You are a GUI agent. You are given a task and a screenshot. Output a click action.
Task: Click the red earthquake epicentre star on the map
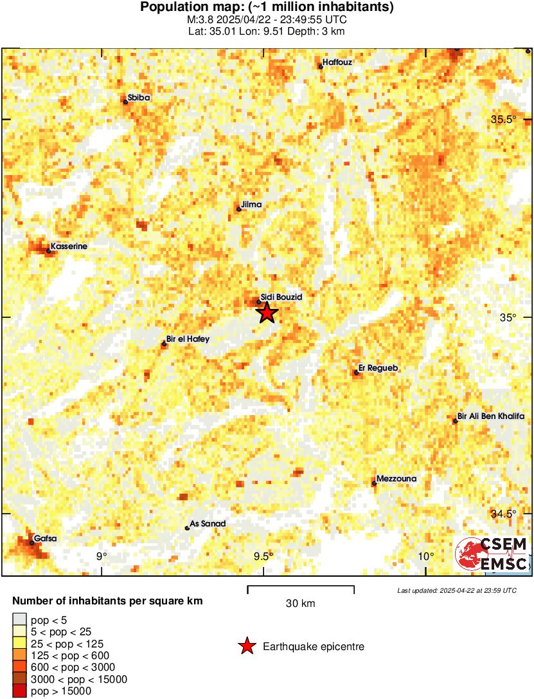pos(267,313)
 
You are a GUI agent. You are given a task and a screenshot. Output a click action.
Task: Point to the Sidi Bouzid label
pos(281,297)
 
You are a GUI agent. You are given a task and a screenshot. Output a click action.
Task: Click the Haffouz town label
pos(337,62)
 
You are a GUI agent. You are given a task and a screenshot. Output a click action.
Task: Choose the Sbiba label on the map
pos(139,98)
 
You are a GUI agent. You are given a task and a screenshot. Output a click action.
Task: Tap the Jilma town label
pos(251,205)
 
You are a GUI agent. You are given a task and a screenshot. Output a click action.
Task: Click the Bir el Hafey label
pos(187,339)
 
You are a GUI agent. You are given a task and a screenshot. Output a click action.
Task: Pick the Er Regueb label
pos(378,368)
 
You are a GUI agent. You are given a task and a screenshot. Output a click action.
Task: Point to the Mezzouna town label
pos(396,479)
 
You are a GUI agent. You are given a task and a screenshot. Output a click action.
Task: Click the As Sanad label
pos(208,524)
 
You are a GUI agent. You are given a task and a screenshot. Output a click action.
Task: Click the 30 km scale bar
pos(301,587)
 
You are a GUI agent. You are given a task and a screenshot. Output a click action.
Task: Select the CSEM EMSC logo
pos(492,554)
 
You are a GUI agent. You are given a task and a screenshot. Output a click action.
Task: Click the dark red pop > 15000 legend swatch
pos(20,691)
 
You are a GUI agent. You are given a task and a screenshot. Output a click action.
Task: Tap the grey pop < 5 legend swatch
pos(20,619)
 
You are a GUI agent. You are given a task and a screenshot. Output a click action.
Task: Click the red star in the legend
pos(246,646)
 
